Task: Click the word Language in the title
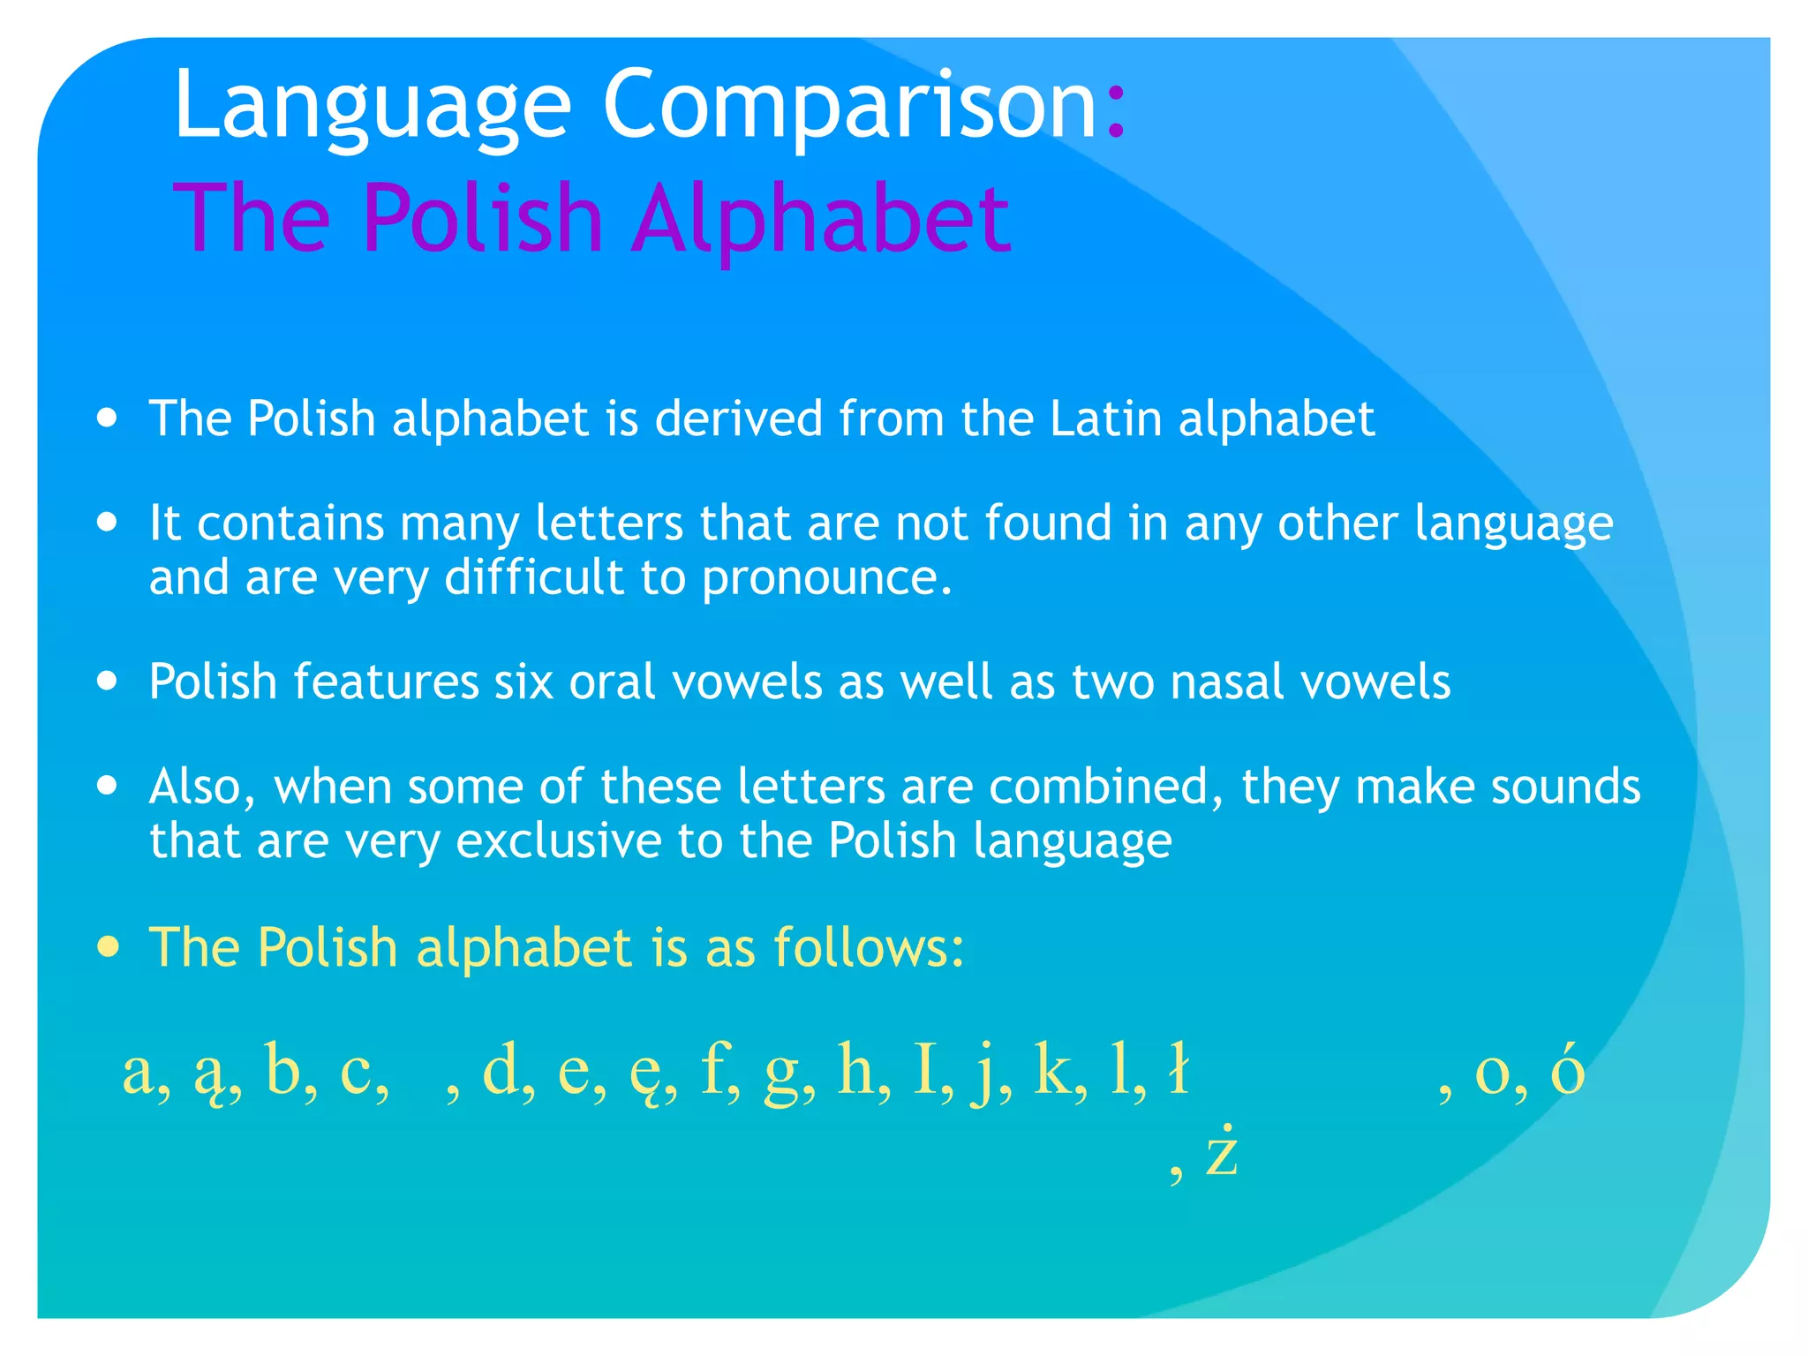pos(372,106)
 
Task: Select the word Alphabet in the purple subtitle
pos(821,218)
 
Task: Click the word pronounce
pos(826,578)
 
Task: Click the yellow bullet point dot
pos(108,948)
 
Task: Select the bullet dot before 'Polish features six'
pos(108,682)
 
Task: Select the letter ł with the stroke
pos(1178,1070)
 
